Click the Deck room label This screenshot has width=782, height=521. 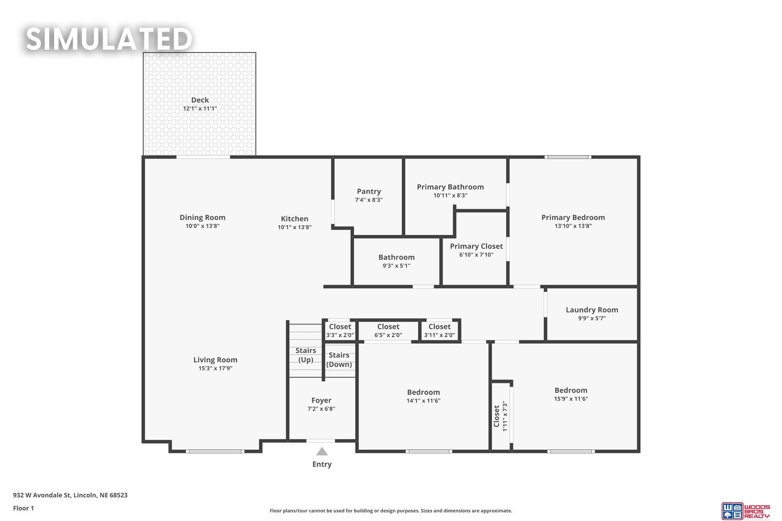[x=200, y=100]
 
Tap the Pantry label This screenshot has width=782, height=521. [x=369, y=191]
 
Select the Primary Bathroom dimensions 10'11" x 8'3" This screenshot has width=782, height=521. [x=450, y=195]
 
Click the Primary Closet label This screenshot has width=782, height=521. [x=476, y=246]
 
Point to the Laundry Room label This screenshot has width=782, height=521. [x=592, y=310]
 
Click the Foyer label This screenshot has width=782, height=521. [x=321, y=400]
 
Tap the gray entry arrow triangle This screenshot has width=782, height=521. [x=322, y=451]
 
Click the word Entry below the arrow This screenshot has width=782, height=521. [x=322, y=464]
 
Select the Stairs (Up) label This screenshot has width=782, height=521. [x=306, y=355]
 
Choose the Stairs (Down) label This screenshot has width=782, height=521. [x=339, y=360]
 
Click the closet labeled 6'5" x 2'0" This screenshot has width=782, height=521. [x=388, y=331]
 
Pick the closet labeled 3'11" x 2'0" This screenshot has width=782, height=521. [x=439, y=331]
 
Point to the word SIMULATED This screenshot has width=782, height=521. [x=109, y=39]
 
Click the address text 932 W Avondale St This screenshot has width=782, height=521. [x=42, y=495]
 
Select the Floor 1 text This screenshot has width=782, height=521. [x=23, y=508]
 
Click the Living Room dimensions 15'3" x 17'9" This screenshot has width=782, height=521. [x=215, y=368]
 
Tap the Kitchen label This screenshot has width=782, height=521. [x=294, y=219]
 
